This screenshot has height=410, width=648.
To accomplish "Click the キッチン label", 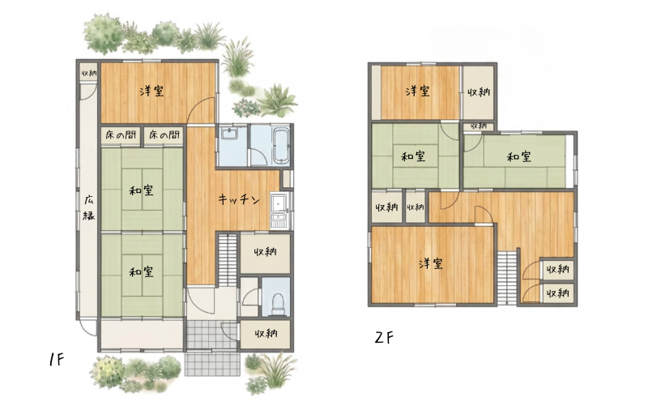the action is click(x=239, y=199).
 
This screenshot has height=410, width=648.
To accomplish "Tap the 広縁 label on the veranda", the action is click(x=88, y=207).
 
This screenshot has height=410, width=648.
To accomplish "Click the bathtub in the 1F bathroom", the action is click(x=281, y=145).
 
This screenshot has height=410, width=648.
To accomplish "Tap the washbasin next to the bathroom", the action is click(x=228, y=134).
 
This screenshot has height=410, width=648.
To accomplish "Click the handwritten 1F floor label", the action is click(x=56, y=360).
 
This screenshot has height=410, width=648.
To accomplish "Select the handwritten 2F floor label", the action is click(x=384, y=338).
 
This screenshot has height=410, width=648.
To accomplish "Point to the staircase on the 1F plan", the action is click(x=227, y=259).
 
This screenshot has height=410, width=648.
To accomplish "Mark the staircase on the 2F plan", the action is click(x=507, y=277).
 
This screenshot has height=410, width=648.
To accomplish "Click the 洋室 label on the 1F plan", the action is click(x=151, y=91).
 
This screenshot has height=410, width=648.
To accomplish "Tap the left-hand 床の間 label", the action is click(x=121, y=135).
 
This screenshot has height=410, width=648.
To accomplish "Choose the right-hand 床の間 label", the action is click(x=164, y=135).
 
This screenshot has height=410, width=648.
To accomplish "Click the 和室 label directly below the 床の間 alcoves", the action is click(x=141, y=190).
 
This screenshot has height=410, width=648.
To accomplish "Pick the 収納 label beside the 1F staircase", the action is click(x=265, y=252).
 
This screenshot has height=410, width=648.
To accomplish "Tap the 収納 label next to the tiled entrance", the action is click(x=266, y=333).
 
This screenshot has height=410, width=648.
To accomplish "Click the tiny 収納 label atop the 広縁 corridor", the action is click(x=88, y=73).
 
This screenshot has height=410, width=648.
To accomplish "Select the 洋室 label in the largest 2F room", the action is click(x=431, y=263).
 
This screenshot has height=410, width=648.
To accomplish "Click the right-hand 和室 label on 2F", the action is click(x=518, y=157).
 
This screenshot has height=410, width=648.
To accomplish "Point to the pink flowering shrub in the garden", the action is click(x=245, y=108).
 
